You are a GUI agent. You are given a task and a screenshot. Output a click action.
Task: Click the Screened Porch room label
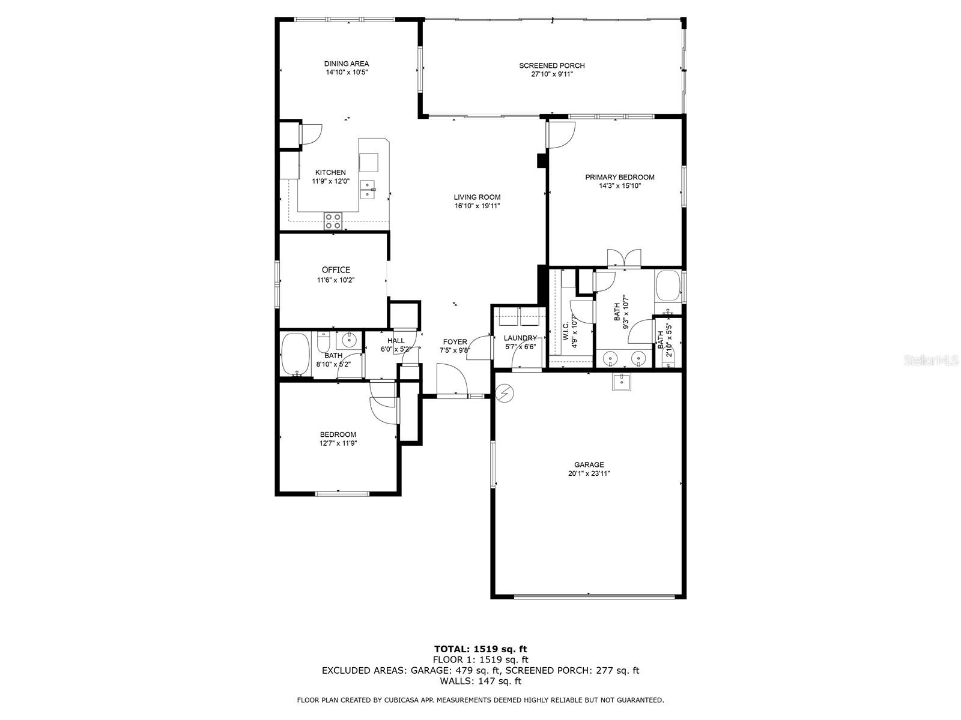(x=551, y=65)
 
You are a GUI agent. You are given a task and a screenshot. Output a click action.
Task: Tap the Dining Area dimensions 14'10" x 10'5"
(x=347, y=72)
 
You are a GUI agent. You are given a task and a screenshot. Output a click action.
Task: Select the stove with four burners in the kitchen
(x=333, y=221)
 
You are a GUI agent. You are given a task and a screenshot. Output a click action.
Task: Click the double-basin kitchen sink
(x=368, y=190)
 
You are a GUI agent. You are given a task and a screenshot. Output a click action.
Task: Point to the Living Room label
(x=477, y=197)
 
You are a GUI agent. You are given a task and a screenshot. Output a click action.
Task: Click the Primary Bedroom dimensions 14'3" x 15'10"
(x=620, y=186)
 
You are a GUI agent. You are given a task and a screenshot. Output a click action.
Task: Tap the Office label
(x=336, y=270)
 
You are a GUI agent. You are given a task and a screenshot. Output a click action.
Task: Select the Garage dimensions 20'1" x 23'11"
(x=589, y=473)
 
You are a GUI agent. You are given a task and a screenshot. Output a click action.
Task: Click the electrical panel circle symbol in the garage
(x=505, y=394)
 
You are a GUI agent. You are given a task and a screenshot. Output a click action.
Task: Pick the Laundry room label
(x=520, y=338)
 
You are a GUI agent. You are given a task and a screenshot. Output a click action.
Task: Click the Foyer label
(x=455, y=342)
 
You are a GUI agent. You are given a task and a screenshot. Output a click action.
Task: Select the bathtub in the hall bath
(x=296, y=355)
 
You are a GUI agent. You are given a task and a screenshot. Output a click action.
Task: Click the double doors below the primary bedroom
(x=624, y=258)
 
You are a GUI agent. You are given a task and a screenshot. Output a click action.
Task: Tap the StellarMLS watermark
(x=931, y=361)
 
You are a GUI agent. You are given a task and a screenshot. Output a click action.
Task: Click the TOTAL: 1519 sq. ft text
(x=480, y=649)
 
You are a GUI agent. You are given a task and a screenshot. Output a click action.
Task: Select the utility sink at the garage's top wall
(x=621, y=381)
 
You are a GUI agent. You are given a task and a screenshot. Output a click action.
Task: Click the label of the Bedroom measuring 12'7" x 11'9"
(x=338, y=434)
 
